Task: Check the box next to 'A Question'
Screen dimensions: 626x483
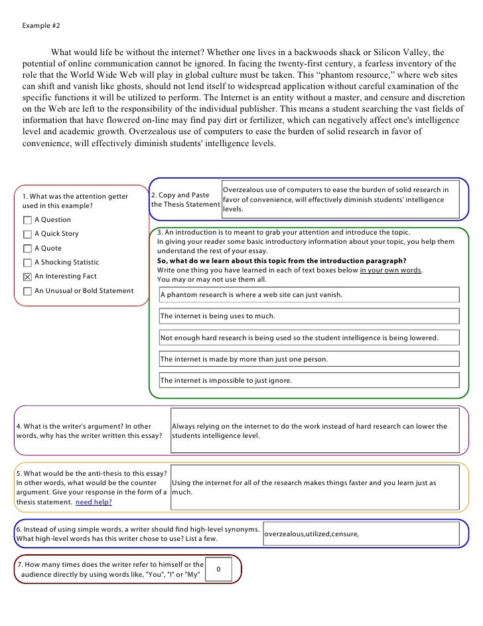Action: point(27,220)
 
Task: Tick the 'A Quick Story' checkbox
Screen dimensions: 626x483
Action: point(27,234)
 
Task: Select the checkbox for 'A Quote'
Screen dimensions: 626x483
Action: point(27,249)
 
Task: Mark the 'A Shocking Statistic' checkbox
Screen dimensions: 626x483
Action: point(27,262)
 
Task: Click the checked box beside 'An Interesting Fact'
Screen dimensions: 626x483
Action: point(27,276)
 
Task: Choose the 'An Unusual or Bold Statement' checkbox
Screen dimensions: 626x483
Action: point(27,291)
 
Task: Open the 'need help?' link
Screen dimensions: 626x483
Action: point(94,502)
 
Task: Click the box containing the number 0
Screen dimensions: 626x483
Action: point(220,570)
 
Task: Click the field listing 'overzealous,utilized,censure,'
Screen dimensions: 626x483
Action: point(360,534)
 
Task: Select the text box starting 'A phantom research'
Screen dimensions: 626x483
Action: point(309,294)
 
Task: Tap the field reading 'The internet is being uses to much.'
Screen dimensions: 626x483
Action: point(309,316)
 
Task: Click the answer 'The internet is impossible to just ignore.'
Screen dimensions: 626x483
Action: point(309,381)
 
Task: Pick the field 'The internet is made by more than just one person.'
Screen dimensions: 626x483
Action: point(309,360)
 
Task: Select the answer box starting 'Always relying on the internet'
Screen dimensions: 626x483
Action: point(314,431)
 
